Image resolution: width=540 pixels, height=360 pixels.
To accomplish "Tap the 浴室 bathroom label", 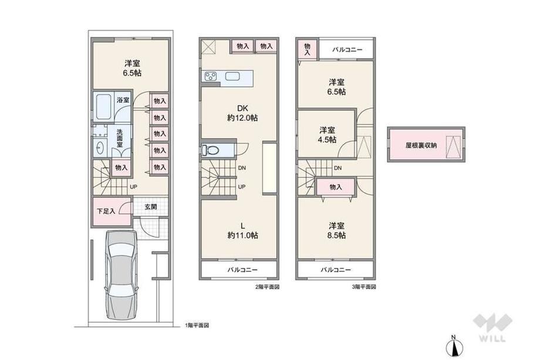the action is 123,100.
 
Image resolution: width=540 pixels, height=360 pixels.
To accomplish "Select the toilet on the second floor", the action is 210,150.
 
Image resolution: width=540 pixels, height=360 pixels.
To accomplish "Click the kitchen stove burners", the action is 210,76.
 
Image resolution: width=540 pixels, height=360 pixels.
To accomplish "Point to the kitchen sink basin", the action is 232,76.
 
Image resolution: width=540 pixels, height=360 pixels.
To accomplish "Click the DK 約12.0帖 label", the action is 242,113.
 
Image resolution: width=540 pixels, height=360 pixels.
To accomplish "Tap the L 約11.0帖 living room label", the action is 242,230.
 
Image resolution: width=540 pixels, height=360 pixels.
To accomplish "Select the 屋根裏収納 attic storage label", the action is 421,146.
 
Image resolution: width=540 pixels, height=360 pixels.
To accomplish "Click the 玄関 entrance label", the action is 150,207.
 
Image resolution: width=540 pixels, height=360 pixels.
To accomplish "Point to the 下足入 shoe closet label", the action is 106,211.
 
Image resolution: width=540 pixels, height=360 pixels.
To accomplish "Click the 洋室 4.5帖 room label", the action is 328,134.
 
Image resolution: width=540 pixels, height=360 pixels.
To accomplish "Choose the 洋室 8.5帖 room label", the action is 337,230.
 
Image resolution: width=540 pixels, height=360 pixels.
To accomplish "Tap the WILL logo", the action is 492,327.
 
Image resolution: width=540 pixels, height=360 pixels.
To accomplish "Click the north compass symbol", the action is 454,346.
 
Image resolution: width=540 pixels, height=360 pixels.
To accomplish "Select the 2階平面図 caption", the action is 267,287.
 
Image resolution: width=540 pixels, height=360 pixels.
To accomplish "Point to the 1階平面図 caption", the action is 197,325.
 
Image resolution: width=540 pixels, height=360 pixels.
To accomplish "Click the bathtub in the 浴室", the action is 103,106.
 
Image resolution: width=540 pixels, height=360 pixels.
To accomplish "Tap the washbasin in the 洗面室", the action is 100,148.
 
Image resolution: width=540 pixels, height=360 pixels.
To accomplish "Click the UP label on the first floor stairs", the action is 134,187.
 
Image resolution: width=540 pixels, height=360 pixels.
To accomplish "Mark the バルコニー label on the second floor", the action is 242,270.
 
